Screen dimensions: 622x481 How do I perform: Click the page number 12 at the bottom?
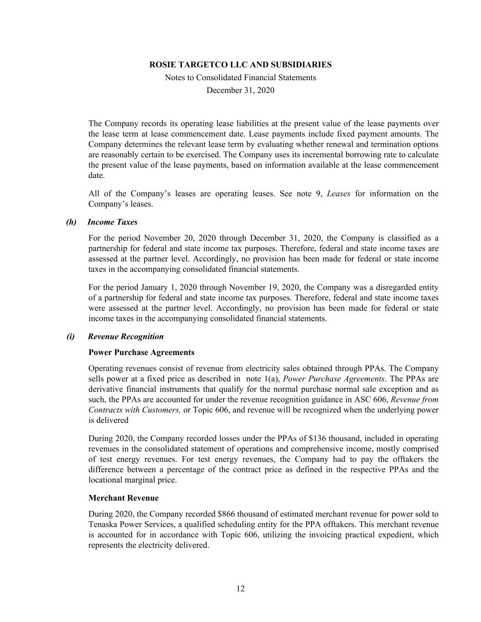240,589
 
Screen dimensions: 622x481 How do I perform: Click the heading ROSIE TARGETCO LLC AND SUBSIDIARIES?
240,65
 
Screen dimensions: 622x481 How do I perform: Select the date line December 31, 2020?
240,90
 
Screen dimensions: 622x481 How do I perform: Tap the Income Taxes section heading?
112,222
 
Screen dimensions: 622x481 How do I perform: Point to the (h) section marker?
71,222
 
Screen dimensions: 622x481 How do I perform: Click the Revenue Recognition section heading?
125,337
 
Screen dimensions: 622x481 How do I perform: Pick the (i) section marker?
71,337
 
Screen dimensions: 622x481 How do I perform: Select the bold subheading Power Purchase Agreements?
141,352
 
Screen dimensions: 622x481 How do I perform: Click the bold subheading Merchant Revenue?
124,498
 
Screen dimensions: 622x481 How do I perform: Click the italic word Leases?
339,194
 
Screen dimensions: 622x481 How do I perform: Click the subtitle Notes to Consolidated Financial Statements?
240,77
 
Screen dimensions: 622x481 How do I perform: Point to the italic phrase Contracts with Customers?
134,410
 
